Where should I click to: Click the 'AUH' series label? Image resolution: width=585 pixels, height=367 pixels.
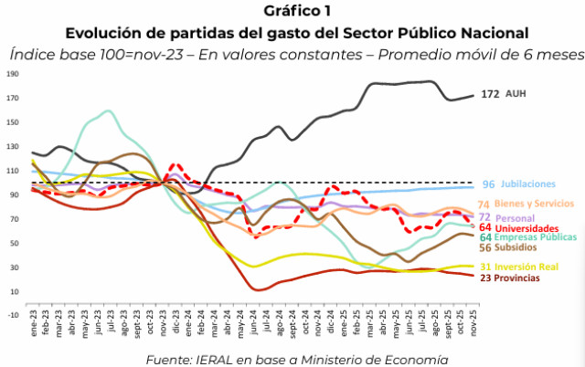[517, 94]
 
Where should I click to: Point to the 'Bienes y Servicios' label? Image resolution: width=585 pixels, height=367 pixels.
[537, 204]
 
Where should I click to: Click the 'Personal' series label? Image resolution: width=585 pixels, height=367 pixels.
[519, 217]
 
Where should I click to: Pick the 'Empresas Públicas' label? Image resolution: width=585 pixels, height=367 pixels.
[538, 236]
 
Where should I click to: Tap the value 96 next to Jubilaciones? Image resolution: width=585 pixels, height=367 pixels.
[488, 184]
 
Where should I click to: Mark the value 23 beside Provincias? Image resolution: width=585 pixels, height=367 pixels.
[485, 278]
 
